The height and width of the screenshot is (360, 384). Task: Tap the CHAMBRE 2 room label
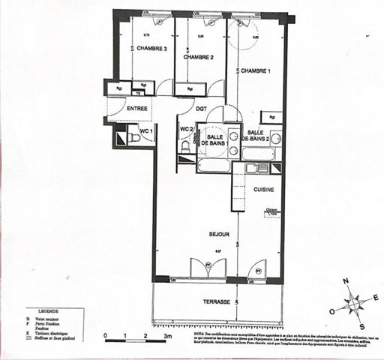pyautogui.click(x=199, y=58)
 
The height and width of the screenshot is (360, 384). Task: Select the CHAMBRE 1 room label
pyautogui.click(x=255, y=70)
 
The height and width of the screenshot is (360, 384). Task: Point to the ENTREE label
pyautogui.click(x=136, y=109)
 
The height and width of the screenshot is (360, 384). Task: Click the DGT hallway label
pyautogui.click(x=201, y=109)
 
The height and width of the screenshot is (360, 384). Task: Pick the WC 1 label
pyautogui.click(x=146, y=131)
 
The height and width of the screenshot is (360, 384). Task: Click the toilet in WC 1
pyautogui.click(x=133, y=138)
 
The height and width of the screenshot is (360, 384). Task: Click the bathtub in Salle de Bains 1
pyautogui.click(x=213, y=165)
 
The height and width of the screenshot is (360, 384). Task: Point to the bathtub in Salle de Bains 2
pyautogui.click(x=259, y=154)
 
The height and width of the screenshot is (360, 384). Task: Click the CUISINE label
pyautogui.click(x=263, y=190)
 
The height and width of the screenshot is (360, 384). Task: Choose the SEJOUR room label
pyautogui.click(x=219, y=235)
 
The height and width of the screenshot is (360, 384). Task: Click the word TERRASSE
pyautogui.click(x=217, y=301)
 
